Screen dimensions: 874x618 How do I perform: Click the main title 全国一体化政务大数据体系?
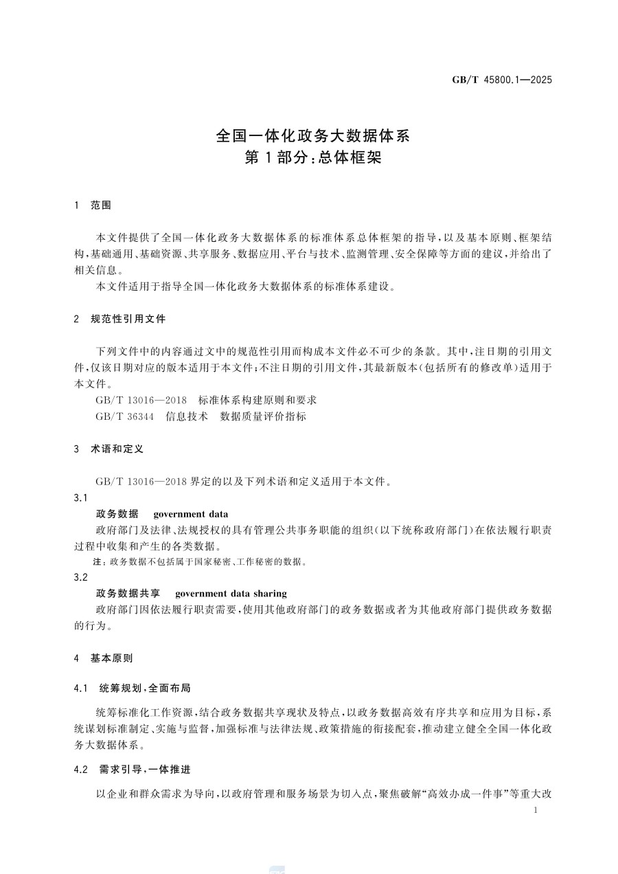(312, 135)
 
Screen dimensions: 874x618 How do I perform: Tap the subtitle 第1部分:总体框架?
(312, 158)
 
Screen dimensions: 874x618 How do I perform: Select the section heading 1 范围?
(92, 205)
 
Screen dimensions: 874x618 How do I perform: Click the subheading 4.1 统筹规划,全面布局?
(137, 688)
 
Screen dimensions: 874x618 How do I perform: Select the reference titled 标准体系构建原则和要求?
(257, 400)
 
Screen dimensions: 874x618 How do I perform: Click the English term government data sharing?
(231, 594)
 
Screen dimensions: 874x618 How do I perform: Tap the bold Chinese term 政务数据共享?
(128, 594)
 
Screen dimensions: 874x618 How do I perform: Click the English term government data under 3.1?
(191, 514)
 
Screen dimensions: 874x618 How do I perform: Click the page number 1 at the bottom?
(536, 811)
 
